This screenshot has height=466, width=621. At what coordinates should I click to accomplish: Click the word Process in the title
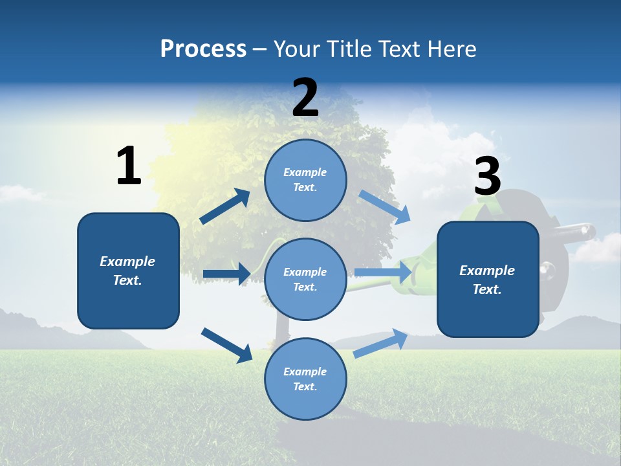click(203, 49)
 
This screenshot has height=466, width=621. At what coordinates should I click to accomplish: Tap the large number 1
click(129, 166)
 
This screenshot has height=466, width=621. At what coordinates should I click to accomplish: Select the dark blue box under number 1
click(128, 271)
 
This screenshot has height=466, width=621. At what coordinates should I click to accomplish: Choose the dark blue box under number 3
click(488, 279)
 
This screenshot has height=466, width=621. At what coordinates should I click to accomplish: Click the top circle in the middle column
click(305, 180)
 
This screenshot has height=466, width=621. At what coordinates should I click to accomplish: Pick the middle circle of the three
click(305, 279)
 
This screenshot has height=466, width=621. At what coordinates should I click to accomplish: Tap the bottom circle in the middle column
click(305, 379)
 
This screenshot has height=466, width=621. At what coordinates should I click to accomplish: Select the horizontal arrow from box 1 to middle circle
click(226, 274)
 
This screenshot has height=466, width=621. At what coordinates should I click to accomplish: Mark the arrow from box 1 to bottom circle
click(227, 345)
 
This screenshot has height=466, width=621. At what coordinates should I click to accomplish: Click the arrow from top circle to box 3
click(385, 207)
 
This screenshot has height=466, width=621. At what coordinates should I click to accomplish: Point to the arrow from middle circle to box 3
click(384, 273)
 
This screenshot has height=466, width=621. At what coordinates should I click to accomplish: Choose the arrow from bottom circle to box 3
click(380, 343)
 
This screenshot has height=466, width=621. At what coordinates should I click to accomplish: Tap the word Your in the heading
click(296, 49)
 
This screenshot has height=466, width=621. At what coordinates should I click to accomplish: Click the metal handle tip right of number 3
click(587, 229)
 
